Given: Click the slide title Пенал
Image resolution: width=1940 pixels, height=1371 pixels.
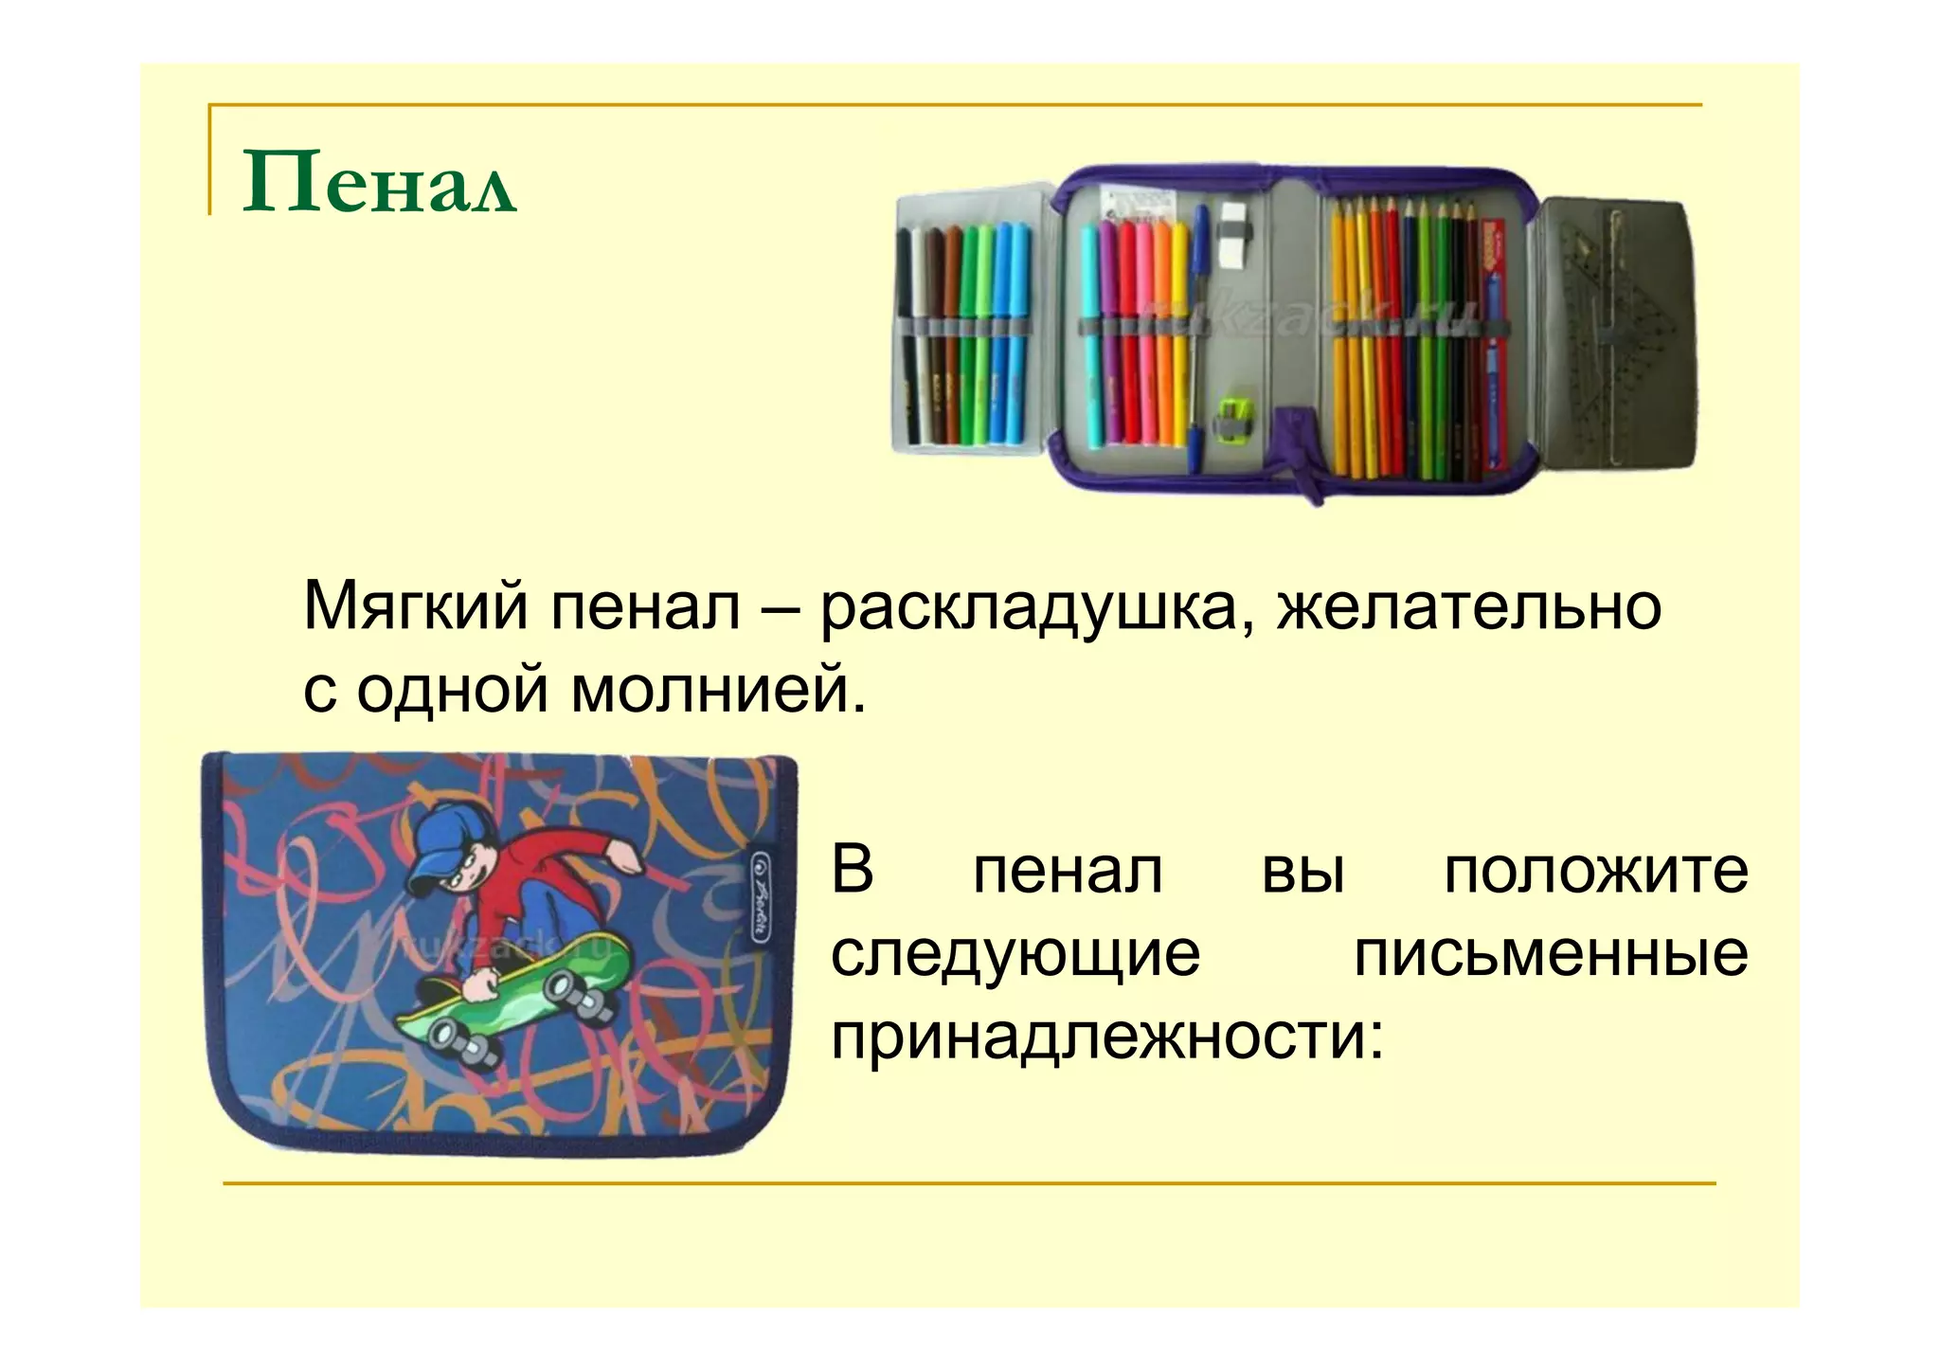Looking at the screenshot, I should coord(379,182).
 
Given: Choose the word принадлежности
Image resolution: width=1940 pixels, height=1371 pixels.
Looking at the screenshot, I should coord(1106,1037).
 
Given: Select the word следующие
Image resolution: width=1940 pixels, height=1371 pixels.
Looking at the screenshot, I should coord(1015,954).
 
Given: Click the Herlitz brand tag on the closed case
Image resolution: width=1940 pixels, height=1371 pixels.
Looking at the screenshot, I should coord(758,894).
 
